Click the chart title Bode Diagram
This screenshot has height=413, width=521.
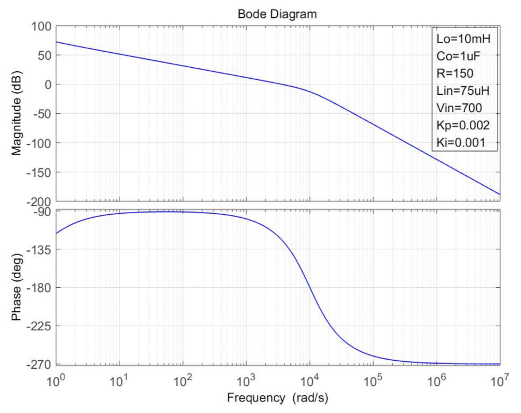(x=277, y=14)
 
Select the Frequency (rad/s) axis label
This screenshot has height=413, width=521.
(x=278, y=397)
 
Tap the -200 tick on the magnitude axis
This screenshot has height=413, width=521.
(x=39, y=202)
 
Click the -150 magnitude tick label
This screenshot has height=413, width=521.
(x=39, y=172)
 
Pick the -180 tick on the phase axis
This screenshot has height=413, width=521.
(x=39, y=287)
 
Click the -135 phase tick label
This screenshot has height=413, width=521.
(x=39, y=249)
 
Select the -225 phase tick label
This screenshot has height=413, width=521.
(x=39, y=326)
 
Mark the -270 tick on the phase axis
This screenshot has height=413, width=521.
(x=39, y=364)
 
